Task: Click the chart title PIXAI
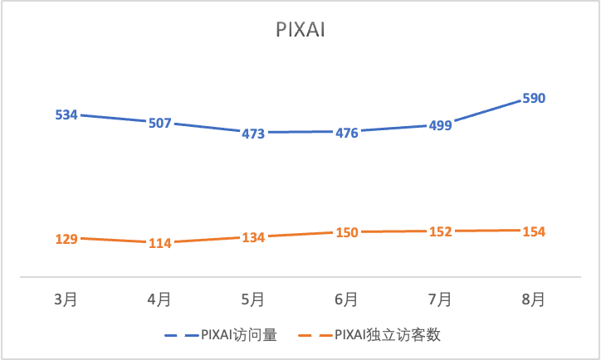(x=300, y=31)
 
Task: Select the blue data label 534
(x=66, y=114)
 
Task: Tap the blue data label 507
(x=159, y=124)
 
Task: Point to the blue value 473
(x=253, y=133)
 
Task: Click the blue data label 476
(x=346, y=132)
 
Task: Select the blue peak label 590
(x=533, y=99)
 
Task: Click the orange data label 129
(x=66, y=239)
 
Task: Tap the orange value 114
(x=159, y=243)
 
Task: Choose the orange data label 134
(x=253, y=237)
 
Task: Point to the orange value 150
(x=346, y=232)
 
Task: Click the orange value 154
(x=533, y=231)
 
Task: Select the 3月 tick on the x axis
(x=66, y=298)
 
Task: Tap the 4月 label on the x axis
(x=159, y=298)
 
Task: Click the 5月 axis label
(x=253, y=298)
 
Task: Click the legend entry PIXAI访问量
(x=237, y=335)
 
